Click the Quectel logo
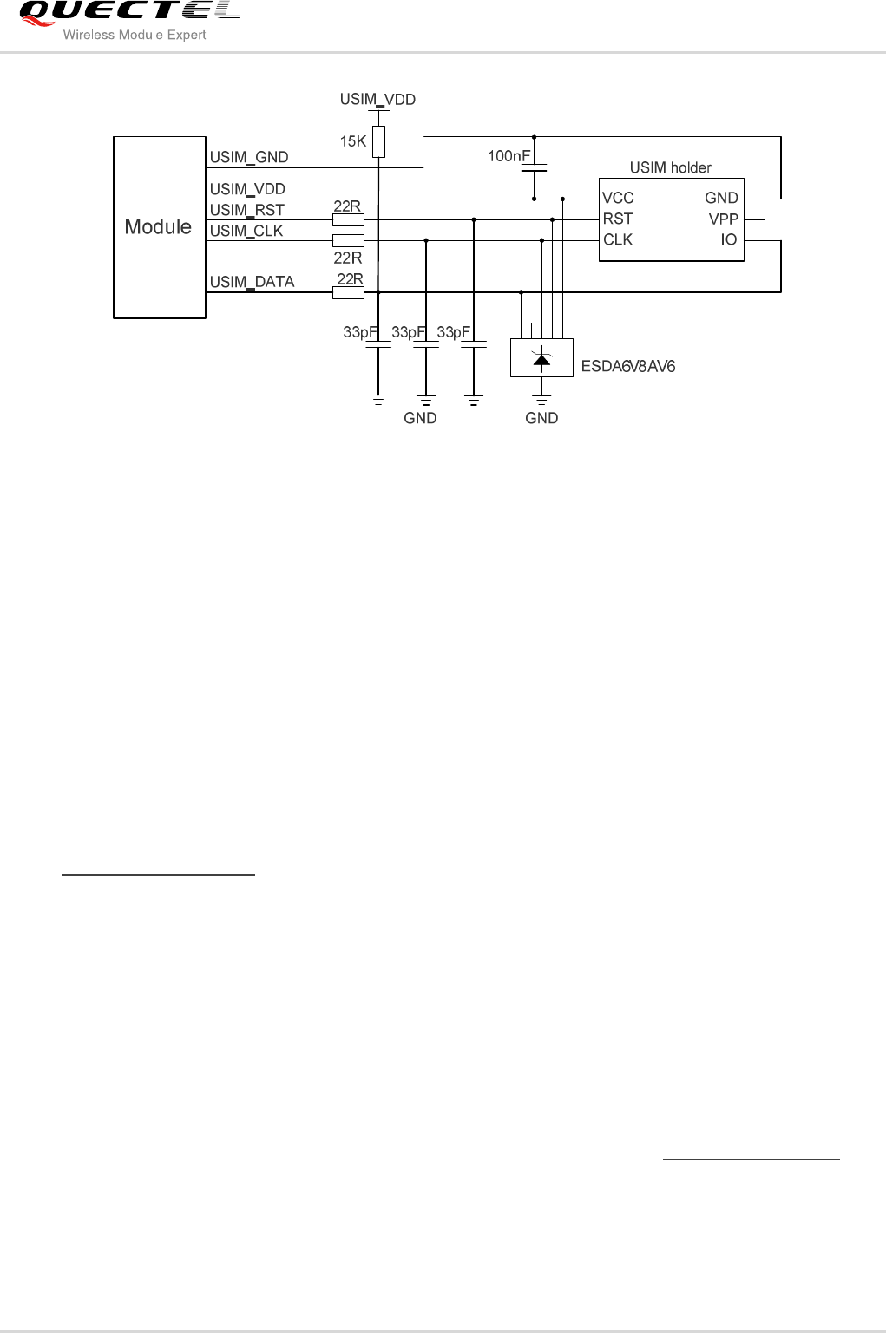128,12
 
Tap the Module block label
158,227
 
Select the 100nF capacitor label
509,156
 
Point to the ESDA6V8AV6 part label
628,366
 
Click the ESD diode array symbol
541,358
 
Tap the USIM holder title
670,167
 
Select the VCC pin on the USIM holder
618,199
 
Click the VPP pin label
723,219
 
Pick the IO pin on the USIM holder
728,240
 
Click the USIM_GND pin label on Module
249,157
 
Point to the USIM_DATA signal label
252,282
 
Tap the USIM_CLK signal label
246,231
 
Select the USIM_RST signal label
246,210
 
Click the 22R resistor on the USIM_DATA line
348,293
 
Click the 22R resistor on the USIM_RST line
348,220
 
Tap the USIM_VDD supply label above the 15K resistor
377,100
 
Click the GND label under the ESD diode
541,418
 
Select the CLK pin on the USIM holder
618,240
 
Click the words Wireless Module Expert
135,36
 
